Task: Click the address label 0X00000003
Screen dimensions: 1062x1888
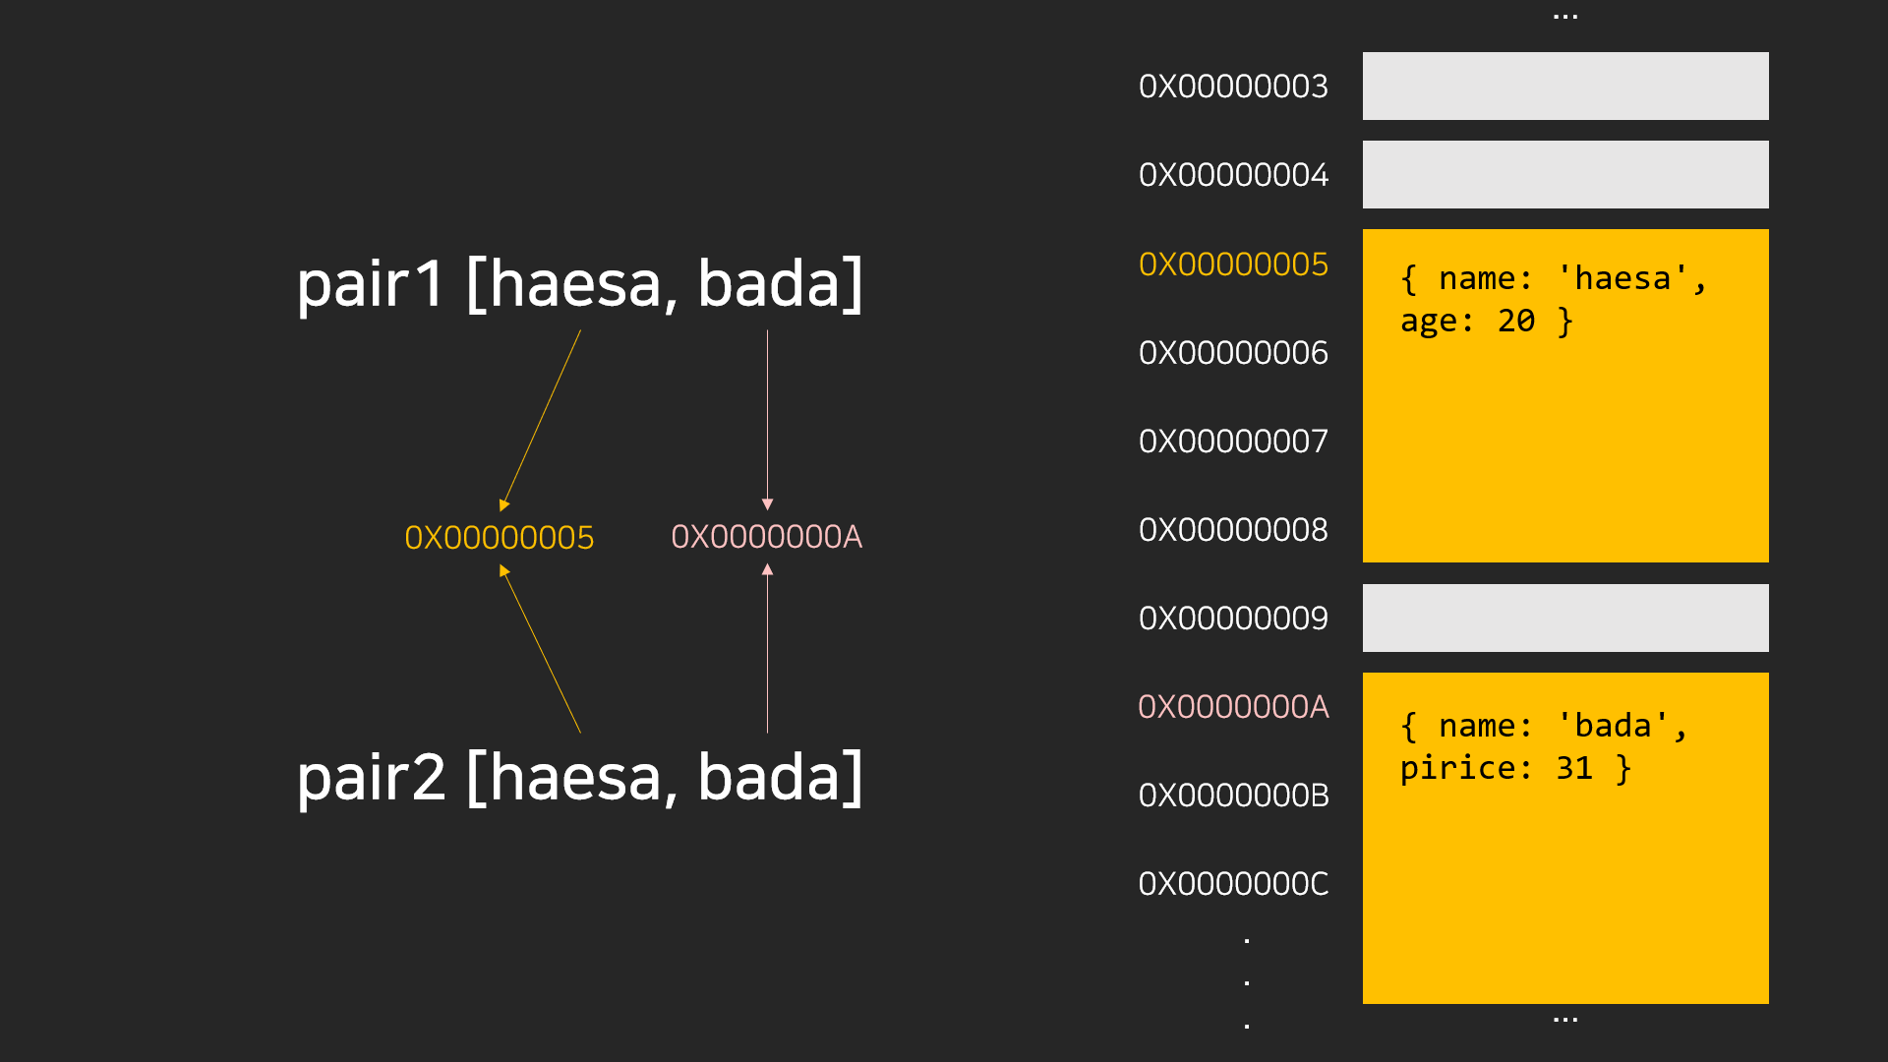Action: (1233, 87)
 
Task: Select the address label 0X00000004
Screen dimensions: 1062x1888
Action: (1233, 175)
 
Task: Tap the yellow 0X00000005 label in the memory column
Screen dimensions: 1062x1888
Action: (1233, 265)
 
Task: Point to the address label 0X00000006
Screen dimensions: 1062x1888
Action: (1233, 353)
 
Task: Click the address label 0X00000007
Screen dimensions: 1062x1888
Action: (1233, 442)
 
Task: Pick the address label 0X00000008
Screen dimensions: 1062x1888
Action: (1233, 530)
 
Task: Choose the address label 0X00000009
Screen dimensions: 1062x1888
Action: (1233, 619)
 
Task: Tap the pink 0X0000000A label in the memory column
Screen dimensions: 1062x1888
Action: (1233, 707)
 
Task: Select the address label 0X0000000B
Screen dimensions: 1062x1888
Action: (1233, 796)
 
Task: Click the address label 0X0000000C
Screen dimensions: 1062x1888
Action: (1233, 884)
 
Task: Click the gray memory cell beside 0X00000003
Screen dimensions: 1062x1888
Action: (1564, 87)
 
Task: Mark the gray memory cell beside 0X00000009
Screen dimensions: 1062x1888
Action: (1564, 619)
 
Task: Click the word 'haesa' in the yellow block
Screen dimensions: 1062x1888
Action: (1622, 279)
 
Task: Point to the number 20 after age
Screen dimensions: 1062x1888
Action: (1516, 322)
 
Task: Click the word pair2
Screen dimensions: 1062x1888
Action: (371, 778)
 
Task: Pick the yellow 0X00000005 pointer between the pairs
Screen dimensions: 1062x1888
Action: (500, 538)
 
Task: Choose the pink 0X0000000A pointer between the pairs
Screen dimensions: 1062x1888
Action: (766, 537)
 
